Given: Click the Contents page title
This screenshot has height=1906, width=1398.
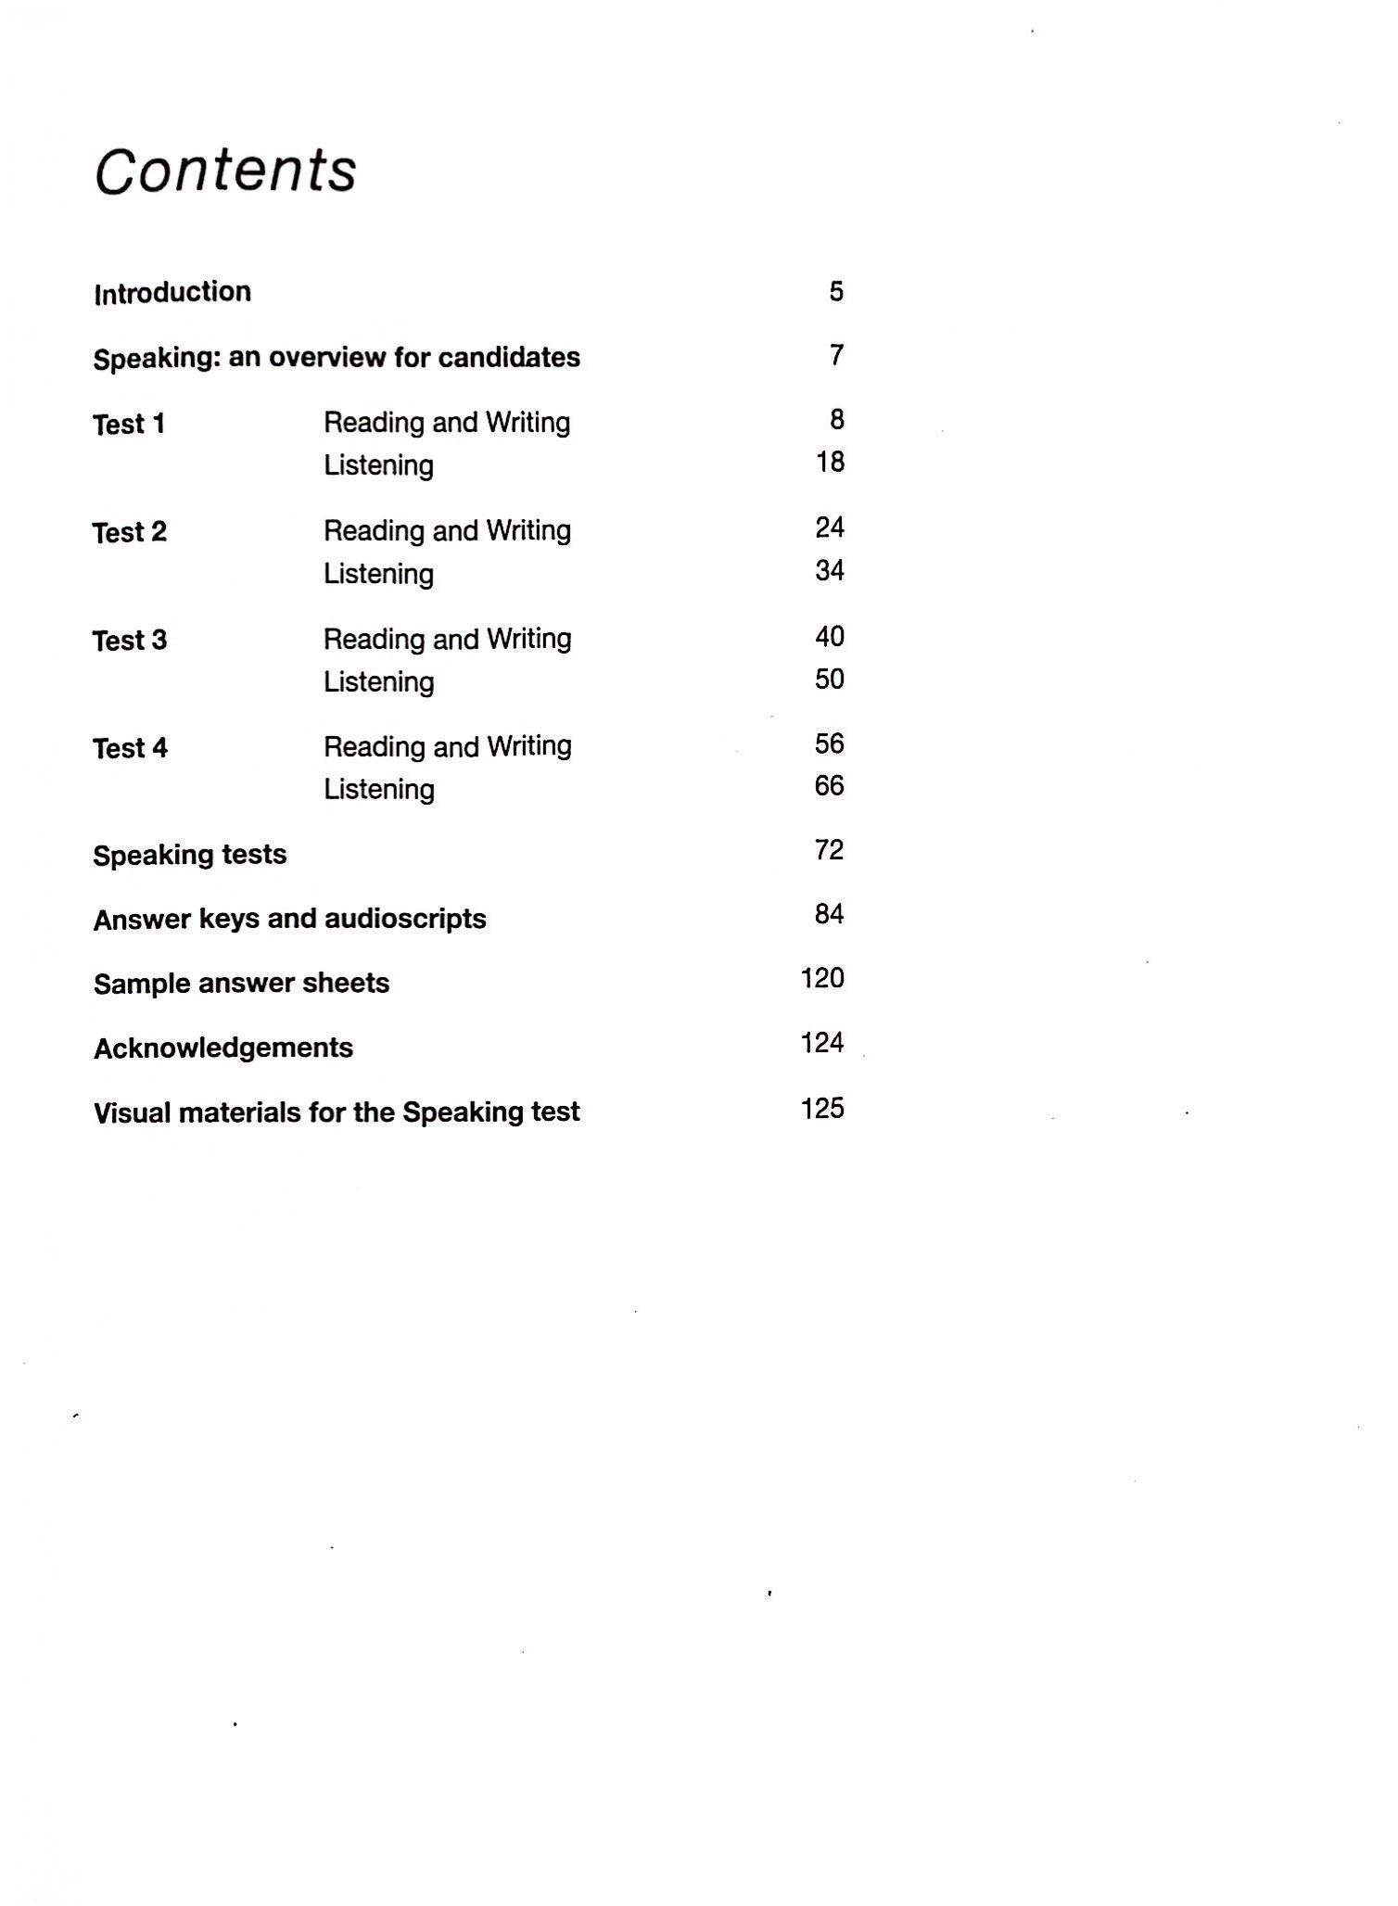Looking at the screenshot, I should pyautogui.click(x=225, y=171).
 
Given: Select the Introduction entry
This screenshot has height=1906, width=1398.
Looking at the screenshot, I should pyautogui.click(x=172, y=292).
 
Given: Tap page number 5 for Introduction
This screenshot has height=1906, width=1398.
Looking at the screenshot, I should pyautogui.click(x=836, y=292).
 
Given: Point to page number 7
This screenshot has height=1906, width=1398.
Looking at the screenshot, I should pyautogui.click(x=836, y=355).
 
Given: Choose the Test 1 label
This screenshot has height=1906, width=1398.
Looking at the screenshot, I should pyautogui.click(x=129, y=424).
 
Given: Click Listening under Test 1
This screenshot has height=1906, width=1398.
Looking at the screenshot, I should pyautogui.click(x=378, y=464).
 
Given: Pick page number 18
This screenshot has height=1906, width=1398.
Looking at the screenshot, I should pyautogui.click(x=830, y=462).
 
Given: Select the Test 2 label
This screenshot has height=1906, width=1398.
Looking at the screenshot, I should pyautogui.click(x=130, y=532).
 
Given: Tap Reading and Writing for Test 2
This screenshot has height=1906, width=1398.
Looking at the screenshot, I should pyautogui.click(x=447, y=530).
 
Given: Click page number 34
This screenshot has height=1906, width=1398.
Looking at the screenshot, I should pyautogui.click(x=830, y=570).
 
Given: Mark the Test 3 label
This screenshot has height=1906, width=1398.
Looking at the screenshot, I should pyautogui.click(x=130, y=641).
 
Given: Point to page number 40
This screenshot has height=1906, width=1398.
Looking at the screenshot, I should pyautogui.click(x=830, y=637).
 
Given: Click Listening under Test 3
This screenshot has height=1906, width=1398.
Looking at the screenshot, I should pyautogui.click(x=378, y=681).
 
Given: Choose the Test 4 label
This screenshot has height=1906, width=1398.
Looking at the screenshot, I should pyautogui.click(x=131, y=748).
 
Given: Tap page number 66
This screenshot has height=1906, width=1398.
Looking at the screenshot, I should pyautogui.click(x=829, y=786).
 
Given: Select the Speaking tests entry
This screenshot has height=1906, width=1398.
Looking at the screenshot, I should pyautogui.click(x=190, y=855).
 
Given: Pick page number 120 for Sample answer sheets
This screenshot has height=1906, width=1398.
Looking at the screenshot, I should pyautogui.click(x=822, y=978).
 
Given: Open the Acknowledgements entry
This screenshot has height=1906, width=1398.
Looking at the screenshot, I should pyautogui.click(x=223, y=1048).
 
